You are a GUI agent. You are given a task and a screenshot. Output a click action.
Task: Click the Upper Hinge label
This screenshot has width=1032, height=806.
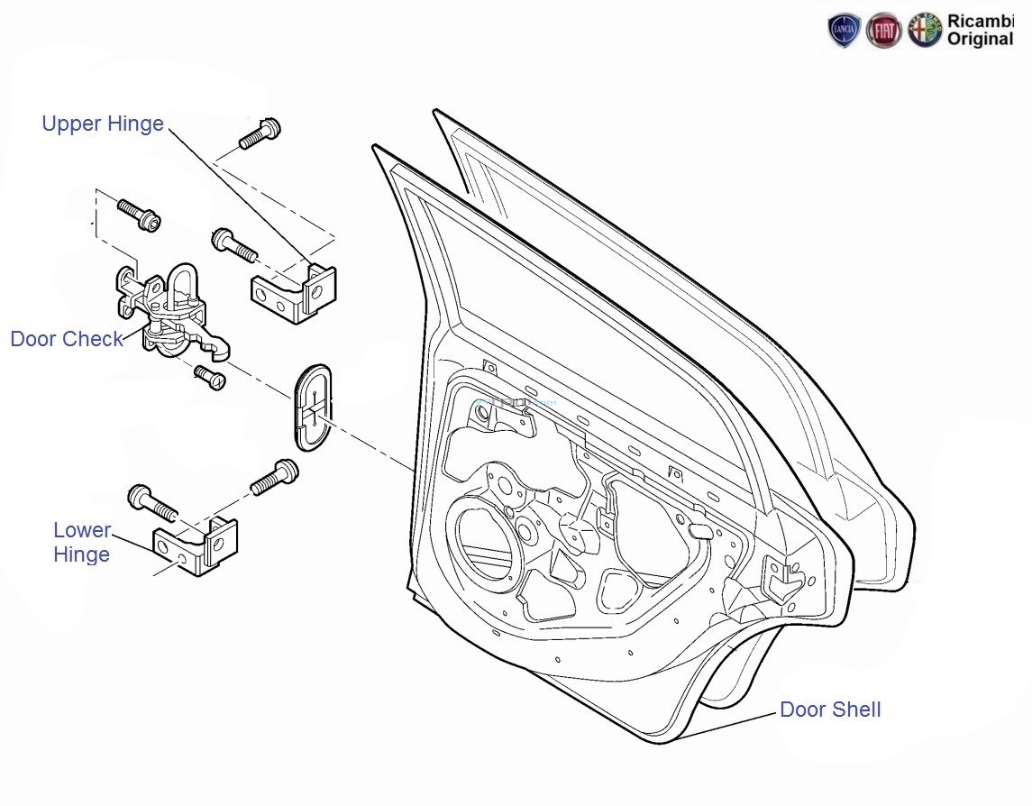(103, 124)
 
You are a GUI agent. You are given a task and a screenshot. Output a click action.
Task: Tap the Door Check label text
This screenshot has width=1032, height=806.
(67, 339)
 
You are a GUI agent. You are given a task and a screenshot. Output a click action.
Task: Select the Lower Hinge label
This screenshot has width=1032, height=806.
(82, 542)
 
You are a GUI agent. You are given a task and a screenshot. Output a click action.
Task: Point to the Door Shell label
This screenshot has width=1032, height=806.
(830, 710)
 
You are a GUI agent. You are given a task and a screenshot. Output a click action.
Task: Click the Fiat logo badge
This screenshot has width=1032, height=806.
(883, 31)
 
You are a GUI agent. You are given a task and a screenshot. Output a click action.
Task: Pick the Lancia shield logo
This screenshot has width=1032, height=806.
(844, 31)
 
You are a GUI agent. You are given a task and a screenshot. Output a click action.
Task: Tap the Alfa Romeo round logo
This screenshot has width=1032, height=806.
(925, 31)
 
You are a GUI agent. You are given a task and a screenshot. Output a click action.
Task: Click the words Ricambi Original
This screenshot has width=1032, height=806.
(980, 31)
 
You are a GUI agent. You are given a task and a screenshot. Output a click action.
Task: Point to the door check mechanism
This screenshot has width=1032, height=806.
(171, 311)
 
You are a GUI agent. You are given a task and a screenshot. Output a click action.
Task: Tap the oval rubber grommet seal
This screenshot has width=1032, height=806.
(311, 408)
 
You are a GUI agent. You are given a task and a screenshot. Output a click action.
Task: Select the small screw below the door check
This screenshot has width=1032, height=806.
(210, 378)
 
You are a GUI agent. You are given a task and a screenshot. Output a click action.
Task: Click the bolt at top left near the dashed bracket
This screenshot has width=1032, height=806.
(139, 214)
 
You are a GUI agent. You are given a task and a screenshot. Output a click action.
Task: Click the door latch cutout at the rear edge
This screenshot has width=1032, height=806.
(783, 578)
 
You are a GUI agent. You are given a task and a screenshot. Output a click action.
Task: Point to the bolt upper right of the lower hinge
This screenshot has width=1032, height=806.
(275, 477)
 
